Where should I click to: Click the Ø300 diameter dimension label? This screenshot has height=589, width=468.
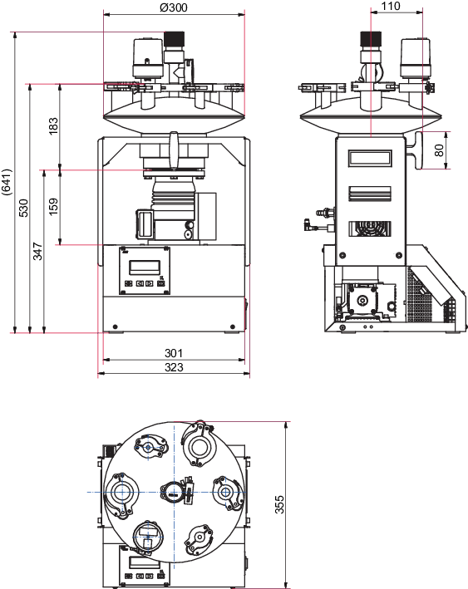point(173,7)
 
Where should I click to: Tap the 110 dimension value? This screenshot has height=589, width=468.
point(391,6)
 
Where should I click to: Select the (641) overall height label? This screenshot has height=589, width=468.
point(7,182)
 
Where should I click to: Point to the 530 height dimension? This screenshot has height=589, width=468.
point(23,208)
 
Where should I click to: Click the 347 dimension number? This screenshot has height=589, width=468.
point(37,251)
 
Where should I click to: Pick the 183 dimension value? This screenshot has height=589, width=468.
point(53,125)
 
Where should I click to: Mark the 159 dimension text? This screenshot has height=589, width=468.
point(53,206)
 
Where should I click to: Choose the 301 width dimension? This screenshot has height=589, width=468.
point(174,353)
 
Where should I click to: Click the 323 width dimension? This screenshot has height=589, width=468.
point(174,367)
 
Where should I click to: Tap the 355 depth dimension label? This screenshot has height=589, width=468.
point(279,504)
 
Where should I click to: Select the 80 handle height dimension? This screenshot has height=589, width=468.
point(439,150)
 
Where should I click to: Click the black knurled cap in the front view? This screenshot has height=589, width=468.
point(174,39)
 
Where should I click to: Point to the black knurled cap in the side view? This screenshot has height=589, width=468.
point(371,38)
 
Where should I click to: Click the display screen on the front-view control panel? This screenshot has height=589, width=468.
point(145,267)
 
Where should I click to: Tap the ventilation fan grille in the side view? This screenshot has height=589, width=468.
point(370,228)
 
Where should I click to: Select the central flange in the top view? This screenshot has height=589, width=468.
point(173,492)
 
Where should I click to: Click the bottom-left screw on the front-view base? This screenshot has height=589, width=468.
point(115,326)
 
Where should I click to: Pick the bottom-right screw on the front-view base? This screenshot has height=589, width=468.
point(232,326)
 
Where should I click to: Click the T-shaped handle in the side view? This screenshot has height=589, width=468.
point(416,150)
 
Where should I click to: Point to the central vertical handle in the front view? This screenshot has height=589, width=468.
point(173,150)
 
